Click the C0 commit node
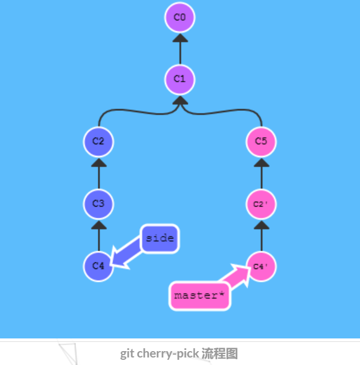pyautogui.click(x=180, y=17)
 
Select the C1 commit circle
pyautogui.click(x=180, y=79)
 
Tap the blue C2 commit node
pyautogui.click(x=99, y=141)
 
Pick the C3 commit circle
pyautogui.click(x=99, y=204)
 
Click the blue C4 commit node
pyautogui.click(x=99, y=266)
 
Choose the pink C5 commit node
pyautogui.click(x=261, y=141)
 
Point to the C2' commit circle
pyautogui.click(x=261, y=204)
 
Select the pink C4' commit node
pyautogui.click(x=261, y=266)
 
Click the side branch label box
pyautogui.click(x=160, y=238)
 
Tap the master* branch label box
pyautogui.click(x=199, y=296)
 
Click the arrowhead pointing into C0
pyautogui.click(x=180, y=38)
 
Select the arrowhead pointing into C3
pyautogui.click(x=99, y=225)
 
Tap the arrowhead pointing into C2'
pyautogui.click(x=261, y=225)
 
